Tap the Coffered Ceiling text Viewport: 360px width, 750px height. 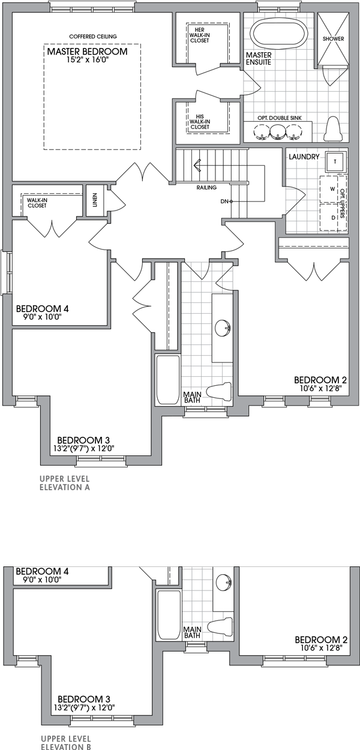(93, 37)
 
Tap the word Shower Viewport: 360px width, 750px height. (333, 38)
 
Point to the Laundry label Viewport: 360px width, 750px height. (302, 157)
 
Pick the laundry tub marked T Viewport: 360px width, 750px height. (334, 161)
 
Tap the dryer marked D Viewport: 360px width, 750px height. (332, 218)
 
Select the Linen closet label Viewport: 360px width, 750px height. (95, 199)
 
